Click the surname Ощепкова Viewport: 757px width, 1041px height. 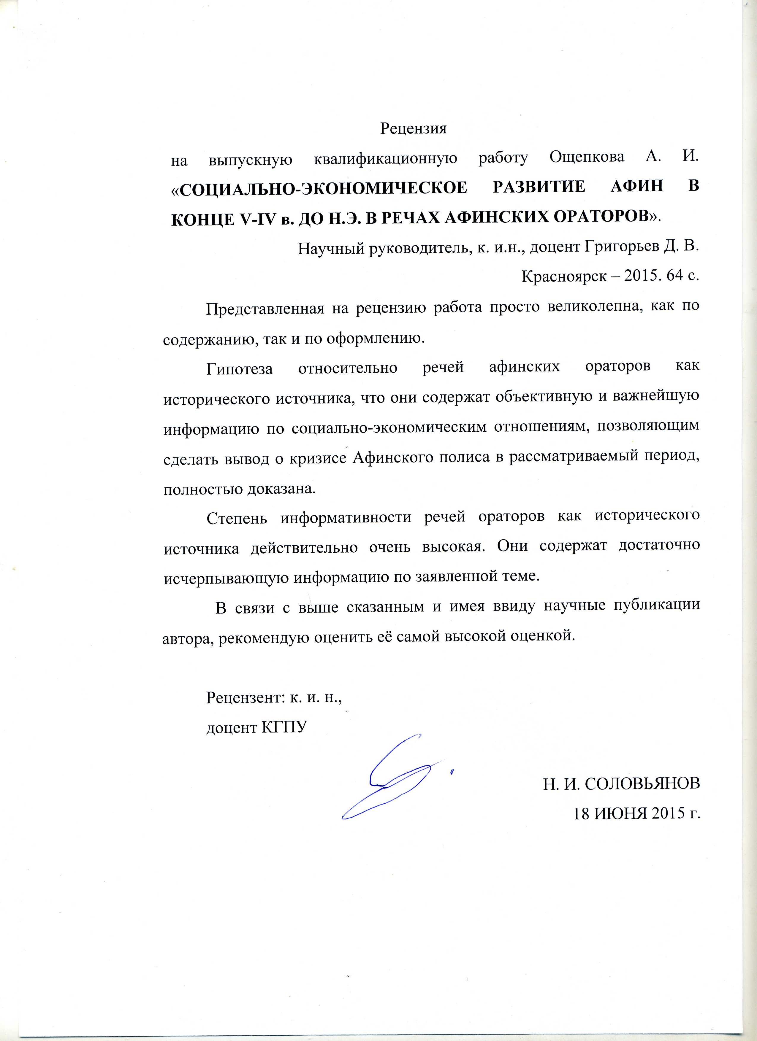[x=587, y=158]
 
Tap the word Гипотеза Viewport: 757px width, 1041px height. [x=239, y=368]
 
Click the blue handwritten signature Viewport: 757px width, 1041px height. [x=390, y=776]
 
